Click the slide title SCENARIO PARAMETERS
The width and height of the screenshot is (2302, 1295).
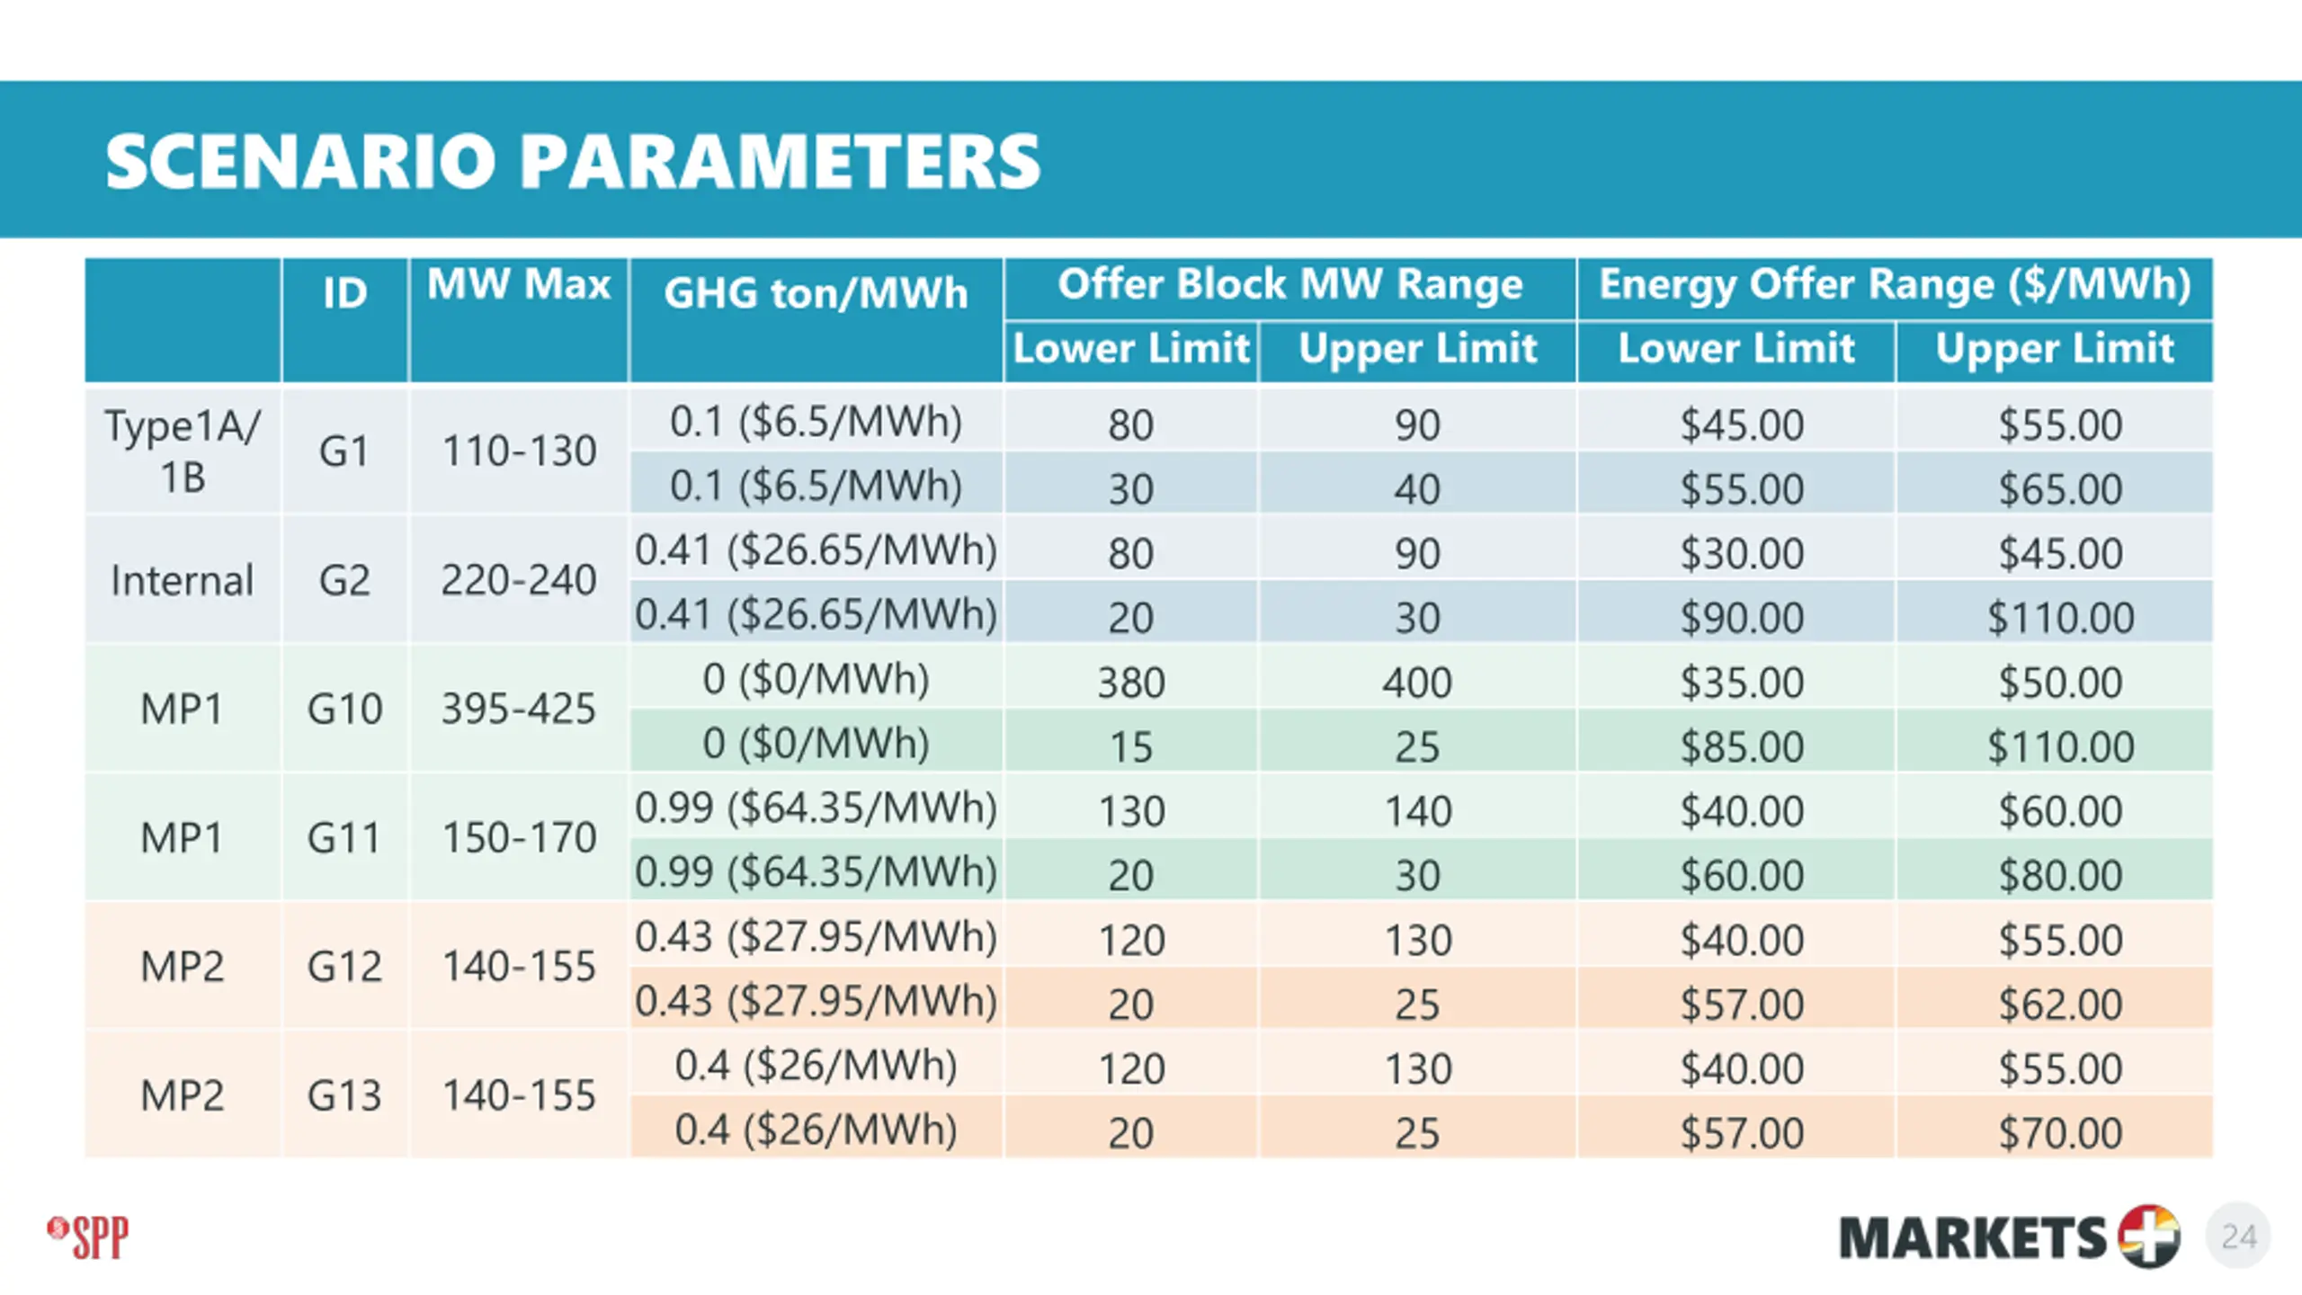click(573, 162)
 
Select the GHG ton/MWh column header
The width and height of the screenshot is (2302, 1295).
click(816, 294)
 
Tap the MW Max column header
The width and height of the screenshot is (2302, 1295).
click(519, 284)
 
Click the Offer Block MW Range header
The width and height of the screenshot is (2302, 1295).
click(1289, 284)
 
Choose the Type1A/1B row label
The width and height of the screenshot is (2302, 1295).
click(183, 451)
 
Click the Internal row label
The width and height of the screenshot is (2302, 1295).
click(182, 580)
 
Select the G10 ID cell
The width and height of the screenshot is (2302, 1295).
click(344, 709)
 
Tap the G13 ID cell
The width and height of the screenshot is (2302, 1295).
click(344, 1095)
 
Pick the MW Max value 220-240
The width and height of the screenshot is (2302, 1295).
click(519, 580)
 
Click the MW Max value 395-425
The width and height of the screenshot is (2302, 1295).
click(519, 709)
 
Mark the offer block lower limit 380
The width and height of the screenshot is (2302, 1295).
click(1131, 683)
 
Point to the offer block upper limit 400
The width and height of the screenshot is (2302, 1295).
click(1417, 683)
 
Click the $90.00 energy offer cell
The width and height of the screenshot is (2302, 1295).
click(1742, 618)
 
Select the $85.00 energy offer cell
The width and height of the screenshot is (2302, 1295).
click(1742, 746)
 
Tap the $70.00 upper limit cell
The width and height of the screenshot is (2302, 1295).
click(2060, 1133)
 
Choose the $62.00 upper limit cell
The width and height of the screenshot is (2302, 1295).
click(2060, 1005)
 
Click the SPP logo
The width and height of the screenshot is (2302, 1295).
click(88, 1237)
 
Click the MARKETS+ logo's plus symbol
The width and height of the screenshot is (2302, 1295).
click(2149, 1237)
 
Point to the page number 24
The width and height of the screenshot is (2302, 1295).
click(2238, 1237)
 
